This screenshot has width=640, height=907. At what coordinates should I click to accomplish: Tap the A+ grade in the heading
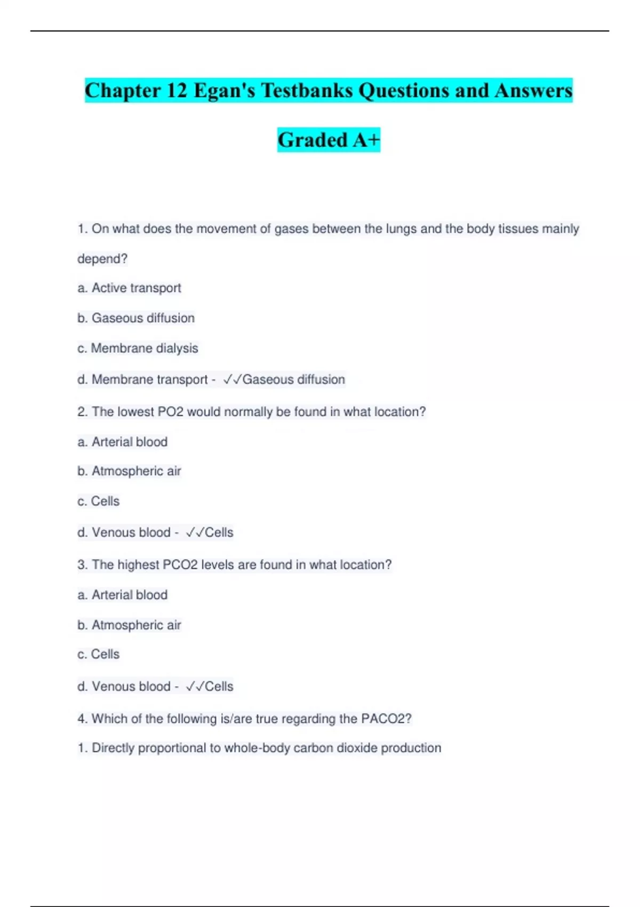(366, 140)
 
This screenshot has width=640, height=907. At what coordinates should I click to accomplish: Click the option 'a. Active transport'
(130, 288)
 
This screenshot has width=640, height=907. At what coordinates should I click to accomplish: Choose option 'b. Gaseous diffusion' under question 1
(136, 318)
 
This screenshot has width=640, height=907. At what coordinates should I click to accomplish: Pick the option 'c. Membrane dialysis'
(138, 348)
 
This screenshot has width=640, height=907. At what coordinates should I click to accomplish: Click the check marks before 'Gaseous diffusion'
(232, 379)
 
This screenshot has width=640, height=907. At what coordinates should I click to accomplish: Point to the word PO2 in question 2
(171, 412)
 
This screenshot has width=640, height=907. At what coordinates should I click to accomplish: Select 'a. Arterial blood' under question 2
(123, 442)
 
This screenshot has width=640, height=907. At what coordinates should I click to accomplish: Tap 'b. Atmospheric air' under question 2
(130, 471)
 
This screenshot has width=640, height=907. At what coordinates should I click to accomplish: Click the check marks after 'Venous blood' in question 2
(195, 532)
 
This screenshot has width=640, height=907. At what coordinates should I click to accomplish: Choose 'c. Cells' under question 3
(99, 654)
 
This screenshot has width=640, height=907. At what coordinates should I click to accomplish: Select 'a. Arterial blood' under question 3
(123, 595)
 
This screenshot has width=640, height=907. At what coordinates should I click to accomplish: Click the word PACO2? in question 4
(386, 719)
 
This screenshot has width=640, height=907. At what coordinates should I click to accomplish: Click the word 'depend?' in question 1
(102, 259)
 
